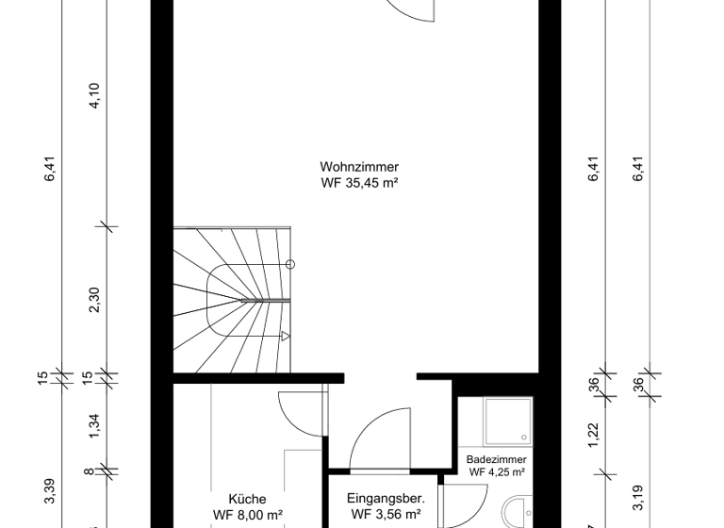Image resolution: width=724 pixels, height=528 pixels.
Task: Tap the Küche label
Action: (x=247, y=499)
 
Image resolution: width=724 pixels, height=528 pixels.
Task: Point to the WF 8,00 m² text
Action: (x=247, y=515)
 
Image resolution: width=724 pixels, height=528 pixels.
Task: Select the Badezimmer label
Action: (x=496, y=459)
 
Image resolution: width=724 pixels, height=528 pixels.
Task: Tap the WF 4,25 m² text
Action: (x=496, y=472)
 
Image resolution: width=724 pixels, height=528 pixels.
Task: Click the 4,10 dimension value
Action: (x=93, y=97)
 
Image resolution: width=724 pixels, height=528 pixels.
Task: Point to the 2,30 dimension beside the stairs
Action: (x=93, y=301)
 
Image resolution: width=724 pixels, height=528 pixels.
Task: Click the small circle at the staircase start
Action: (x=290, y=265)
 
